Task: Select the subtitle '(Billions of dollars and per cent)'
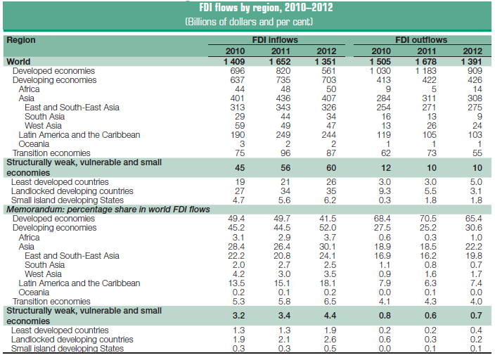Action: point(248,22)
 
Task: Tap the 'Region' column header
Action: point(21,41)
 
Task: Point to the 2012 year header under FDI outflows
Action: point(472,51)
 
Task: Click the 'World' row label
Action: point(18,62)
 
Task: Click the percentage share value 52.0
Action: point(327,229)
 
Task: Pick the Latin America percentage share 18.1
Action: point(327,283)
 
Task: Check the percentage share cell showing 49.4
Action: point(236,219)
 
